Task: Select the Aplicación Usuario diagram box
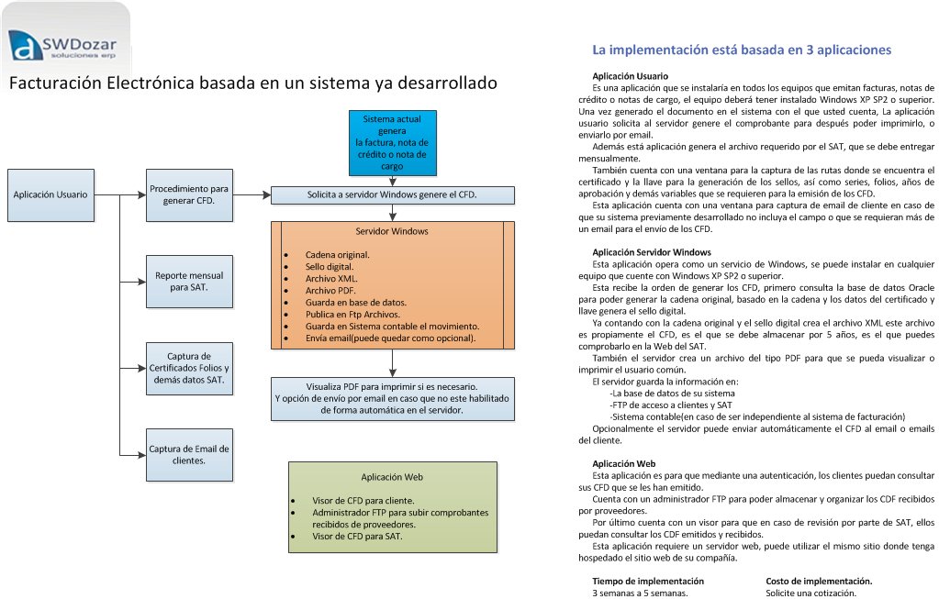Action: pyautogui.click(x=50, y=194)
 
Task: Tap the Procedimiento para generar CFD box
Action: pyautogui.click(x=188, y=194)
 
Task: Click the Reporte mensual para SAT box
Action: pyautogui.click(x=188, y=281)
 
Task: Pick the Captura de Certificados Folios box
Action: pyautogui.click(x=188, y=367)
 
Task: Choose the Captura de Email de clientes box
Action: pyautogui.click(x=188, y=455)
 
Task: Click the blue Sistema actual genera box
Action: pyautogui.click(x=393, y=142)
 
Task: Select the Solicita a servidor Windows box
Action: pyautogui.click(x=392, y=194)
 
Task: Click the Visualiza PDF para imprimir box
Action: pyautogui.click(x=392, y=398)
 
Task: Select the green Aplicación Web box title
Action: pyautogui.click(x=392, y=477)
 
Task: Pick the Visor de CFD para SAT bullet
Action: pyautogui.click(x=357, y=536)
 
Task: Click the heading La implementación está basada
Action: pyautogui.click(x=742, y=50)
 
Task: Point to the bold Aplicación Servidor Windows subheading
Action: pyautogui.click(x=651, y=252)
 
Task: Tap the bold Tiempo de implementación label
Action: pyautogui.click(x=648, y=581)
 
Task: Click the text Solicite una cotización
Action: pyautogui.click(x=811, y=593)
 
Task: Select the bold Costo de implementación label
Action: pyautogui.click(x=819, y=581)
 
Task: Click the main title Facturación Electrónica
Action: pyautogui.click(x=252, y=83)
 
